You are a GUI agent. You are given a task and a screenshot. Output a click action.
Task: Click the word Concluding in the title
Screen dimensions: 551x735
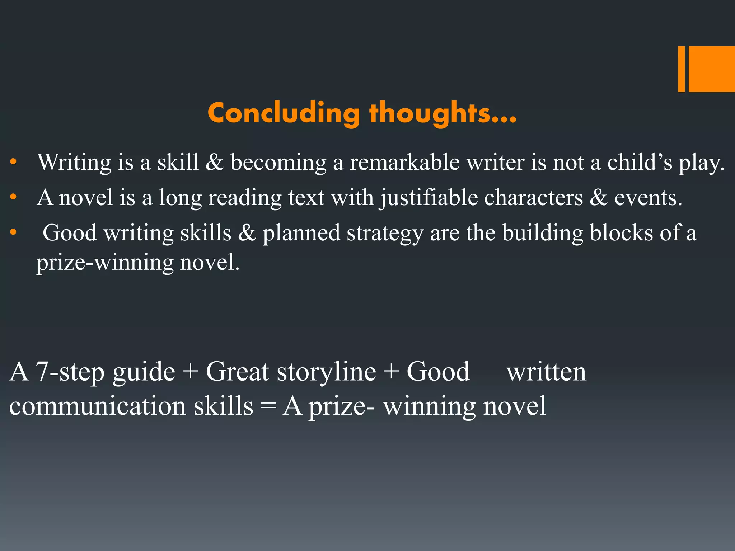tap(284, 113)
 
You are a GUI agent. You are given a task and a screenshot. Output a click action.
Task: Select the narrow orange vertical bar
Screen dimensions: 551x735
tap(681, 69)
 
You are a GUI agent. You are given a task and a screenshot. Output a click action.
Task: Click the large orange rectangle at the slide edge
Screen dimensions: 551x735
tap(712, 69)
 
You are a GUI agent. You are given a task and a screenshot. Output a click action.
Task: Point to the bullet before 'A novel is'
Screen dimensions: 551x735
tap(13, 197)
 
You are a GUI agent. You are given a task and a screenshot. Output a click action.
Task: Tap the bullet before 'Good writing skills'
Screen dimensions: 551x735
tap(13, 232)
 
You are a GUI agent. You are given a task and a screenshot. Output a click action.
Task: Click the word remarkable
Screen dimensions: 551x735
tap(404, 162)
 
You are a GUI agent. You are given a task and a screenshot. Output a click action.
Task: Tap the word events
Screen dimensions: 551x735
tap(648, 198)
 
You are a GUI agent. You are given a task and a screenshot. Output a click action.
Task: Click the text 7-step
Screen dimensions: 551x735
tap(70, 372)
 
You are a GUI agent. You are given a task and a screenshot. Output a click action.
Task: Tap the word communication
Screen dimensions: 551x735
tap(97, 406)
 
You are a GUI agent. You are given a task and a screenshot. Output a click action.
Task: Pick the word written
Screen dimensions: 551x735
tap(546, 372)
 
